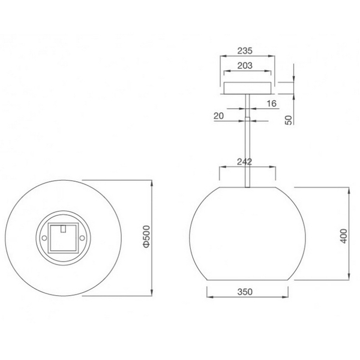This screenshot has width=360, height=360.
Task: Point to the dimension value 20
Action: point(218,115)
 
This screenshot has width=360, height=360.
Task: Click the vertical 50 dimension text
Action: point(288,119)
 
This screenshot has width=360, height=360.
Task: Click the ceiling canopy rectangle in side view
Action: point(247,88)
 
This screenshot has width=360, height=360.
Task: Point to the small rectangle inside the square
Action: point(63,228)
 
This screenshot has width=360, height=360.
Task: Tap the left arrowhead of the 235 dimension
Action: point(223,57)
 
